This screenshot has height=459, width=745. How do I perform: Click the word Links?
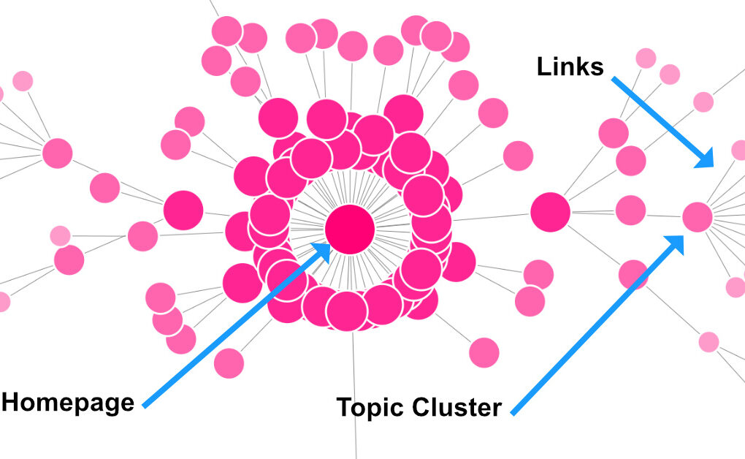[x=570, y=67]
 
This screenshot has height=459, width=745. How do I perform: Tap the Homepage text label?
[x=68, y=402]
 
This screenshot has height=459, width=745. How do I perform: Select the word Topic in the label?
[x=370, y=407]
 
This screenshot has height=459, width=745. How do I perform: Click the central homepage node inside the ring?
[x=350, y=229]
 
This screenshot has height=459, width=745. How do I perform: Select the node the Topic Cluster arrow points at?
[x=697, y=216]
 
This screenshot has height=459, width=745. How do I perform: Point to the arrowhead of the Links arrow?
[x=706, y=159]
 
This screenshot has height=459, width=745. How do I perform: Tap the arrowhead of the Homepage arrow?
[x=324, y=251]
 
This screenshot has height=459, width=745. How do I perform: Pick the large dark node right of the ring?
[x=550, y=212]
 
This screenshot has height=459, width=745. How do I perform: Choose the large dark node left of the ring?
[x=183, y=210]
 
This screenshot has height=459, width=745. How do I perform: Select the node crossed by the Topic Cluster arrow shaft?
[x=633, y=275]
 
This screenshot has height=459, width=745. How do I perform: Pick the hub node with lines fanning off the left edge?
[x=57, y=153]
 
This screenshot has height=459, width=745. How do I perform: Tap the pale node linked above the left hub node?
[x=23, y=80]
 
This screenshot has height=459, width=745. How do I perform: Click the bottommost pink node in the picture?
[x=229, y=363]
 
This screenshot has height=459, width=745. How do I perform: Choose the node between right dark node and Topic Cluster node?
[x=630, y=210]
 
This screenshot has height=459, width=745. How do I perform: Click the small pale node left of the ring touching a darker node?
[x=60, y=236]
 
